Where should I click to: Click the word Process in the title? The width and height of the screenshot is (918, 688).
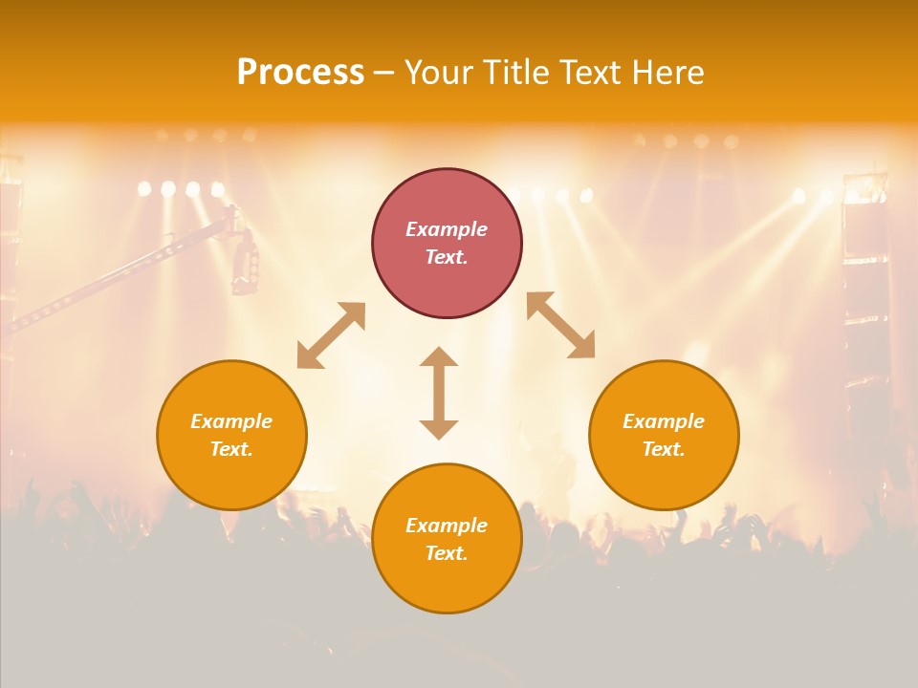coord(300,73)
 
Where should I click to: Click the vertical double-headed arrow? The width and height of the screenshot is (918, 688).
coord(439,393)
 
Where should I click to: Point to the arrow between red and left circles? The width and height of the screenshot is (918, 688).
coord(331,335)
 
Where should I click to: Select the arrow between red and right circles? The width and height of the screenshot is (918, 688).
coord(560,325)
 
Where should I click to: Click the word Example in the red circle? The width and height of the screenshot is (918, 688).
coord(447,229)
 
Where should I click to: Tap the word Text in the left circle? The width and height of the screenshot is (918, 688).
coord(231,449)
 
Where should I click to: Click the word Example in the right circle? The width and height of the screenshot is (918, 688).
coord(664,421)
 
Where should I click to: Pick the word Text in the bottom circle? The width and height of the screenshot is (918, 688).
coord(447,553)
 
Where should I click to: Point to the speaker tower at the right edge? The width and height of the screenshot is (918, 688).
coord(865,287)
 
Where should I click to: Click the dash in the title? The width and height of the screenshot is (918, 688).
coord(384,73)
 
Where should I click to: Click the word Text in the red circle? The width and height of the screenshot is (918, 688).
coord(447,257)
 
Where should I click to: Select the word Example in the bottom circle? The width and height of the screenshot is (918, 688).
coord(447,526)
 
